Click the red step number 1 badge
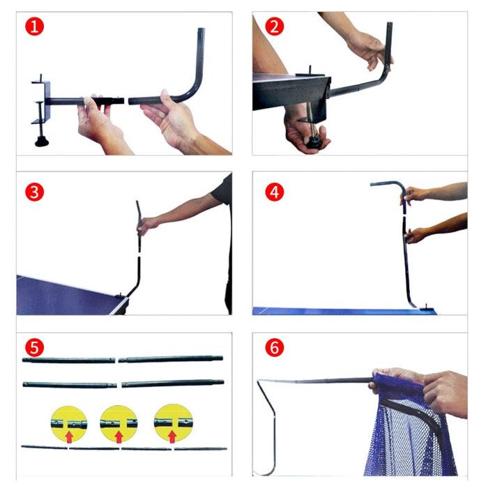point(34,26)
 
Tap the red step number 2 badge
point(274,26)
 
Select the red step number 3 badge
point(34,192)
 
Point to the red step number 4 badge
point(274,192)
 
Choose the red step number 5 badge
point(34,348)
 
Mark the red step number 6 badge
point(274,348)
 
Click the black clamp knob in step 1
point(42,142)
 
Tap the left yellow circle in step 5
point(69,424)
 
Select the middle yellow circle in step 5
point(119,423)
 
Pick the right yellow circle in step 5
point(174,422)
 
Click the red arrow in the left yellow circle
point(69,436)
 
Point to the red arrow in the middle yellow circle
point(119,436)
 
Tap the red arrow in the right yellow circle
point(172,436)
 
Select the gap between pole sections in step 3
point(139,254)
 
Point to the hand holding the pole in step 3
point(147,226)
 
